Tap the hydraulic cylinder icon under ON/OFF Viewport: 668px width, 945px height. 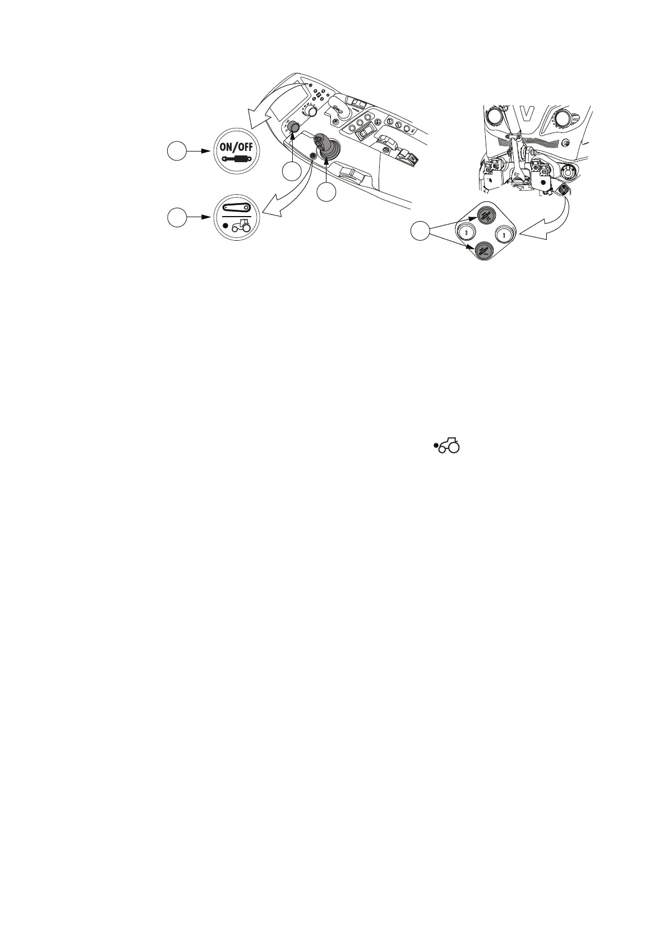click(236, 159)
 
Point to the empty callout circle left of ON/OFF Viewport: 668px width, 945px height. click(177, 152)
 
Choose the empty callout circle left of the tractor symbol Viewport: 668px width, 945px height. click(177, 217)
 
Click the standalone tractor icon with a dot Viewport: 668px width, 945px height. click(447, 446)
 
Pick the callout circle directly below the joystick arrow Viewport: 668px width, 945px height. click(326, 192)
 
